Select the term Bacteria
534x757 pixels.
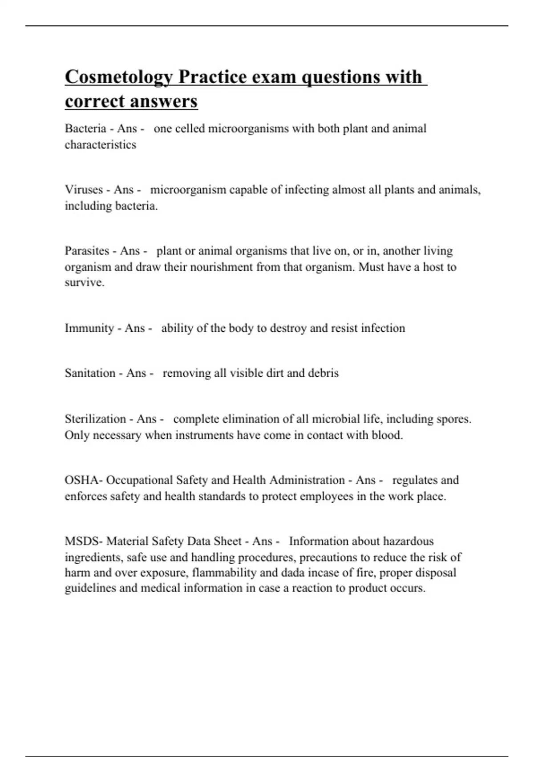point(85,129)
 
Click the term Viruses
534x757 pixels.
point(83,190)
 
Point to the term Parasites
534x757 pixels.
point(87,251)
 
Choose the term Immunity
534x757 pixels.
point(89,328)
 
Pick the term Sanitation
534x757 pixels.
point(90,373)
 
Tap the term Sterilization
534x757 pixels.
point(95,419)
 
